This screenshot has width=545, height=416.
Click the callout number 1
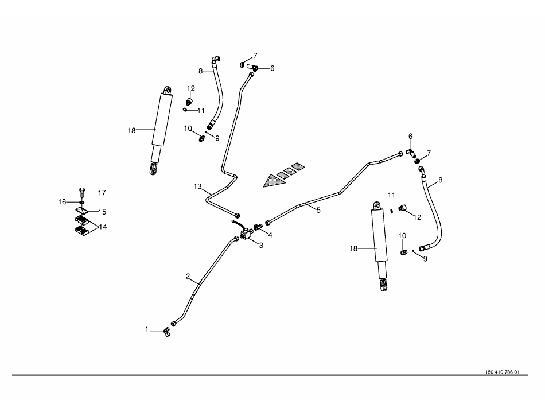coord(147,329)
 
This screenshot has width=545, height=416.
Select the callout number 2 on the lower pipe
coord(188,276)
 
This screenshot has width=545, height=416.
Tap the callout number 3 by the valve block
coord(261,246)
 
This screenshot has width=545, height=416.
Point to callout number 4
coord(270,235)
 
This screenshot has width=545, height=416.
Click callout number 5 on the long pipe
coord(318,211)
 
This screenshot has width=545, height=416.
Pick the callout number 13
coord(198,186)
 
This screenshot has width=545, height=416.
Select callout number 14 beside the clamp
coord(103,227)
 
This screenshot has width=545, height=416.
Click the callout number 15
coord(102,212)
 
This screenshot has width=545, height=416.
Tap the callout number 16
coord(63,201)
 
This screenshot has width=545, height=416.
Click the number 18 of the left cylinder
coord(131,130)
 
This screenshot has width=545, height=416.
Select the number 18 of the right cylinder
coord(354,248)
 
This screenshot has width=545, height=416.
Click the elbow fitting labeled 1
coord(166,331)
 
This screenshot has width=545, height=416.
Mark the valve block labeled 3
coord(248,235)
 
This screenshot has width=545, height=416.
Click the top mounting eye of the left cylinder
coord(167,90)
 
